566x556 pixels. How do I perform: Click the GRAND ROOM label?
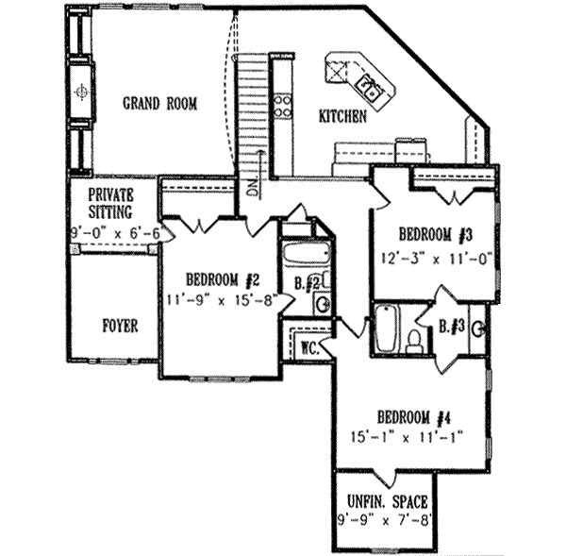[160, 104]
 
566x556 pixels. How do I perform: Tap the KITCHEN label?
[342, 116]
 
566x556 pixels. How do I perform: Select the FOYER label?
[120, 326]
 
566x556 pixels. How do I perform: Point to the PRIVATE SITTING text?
[112, 203]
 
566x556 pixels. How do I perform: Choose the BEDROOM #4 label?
[410, 417]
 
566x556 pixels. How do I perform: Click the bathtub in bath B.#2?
[306, 255]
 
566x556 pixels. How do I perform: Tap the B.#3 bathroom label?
[449, 328]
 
